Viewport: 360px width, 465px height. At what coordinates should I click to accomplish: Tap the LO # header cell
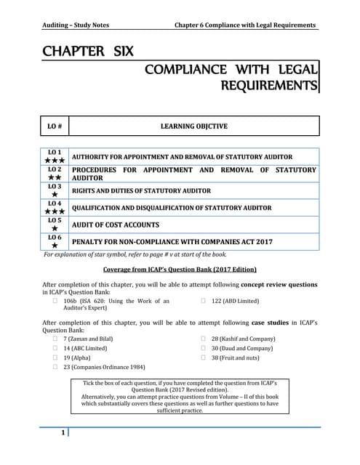coord(55,126)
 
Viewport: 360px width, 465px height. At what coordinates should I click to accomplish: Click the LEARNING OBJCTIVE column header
coord(193,126)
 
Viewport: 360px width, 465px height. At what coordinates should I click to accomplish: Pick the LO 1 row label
coord(55,152)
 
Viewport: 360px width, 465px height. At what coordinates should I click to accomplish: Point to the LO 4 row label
coord(55,203)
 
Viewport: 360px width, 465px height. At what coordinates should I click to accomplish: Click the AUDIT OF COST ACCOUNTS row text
coord(116,225)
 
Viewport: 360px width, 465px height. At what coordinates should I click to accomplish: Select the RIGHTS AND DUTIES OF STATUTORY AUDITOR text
coord(141,190)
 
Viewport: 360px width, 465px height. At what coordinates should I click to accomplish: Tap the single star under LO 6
coord(55,246)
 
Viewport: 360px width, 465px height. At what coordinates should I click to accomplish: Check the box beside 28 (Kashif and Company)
coord(204,339)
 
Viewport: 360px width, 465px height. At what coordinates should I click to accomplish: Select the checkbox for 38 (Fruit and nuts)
coord(204,358)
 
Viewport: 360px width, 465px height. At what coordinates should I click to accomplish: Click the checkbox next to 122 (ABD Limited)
coord(204,301)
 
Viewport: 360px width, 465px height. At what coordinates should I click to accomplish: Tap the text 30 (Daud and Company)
coord(242,348)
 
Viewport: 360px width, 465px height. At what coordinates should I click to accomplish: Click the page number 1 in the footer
coord(63,434)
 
